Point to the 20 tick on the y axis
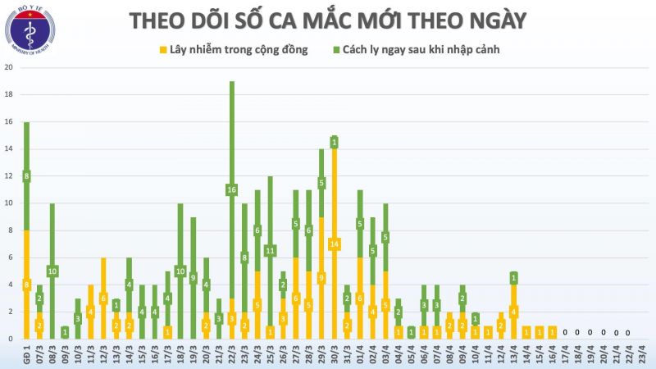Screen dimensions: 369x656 click(x=8, y=68)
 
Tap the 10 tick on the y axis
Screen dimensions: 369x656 click(x=8, y=203)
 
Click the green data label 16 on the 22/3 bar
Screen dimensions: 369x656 click(x=232, y=190)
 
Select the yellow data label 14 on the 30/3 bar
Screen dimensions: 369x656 click(x=335, y=244)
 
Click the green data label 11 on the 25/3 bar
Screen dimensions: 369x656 click(x=270, y=250)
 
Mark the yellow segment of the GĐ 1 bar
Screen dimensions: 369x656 click(x=26, y=285)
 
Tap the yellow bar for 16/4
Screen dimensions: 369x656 click(x=552, y=332)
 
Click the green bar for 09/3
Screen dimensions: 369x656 click(x=65, y=332)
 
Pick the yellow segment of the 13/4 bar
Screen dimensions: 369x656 click(x=513, y=312)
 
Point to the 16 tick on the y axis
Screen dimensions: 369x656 click(x=8, y=122)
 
